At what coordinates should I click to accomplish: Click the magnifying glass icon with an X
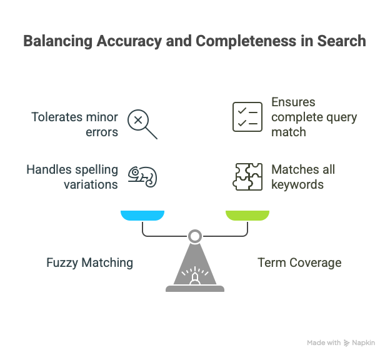[142, 123]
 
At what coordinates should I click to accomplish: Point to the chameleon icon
[142, 176]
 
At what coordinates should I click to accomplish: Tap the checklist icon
[247, 117]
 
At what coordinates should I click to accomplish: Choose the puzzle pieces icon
[247, 176]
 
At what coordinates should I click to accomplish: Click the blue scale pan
[143, 216]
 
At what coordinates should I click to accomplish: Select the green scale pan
[247, 216]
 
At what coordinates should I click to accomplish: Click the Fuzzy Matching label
[89, 262]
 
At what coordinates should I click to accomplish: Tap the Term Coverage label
[299, 262]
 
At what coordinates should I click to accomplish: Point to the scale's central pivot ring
[195, 236]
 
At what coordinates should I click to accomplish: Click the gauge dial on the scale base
[195, 276]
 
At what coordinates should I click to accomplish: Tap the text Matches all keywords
[303, 177]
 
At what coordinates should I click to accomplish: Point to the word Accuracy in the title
[126, 42]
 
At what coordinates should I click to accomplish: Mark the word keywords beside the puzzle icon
[297, 184]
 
